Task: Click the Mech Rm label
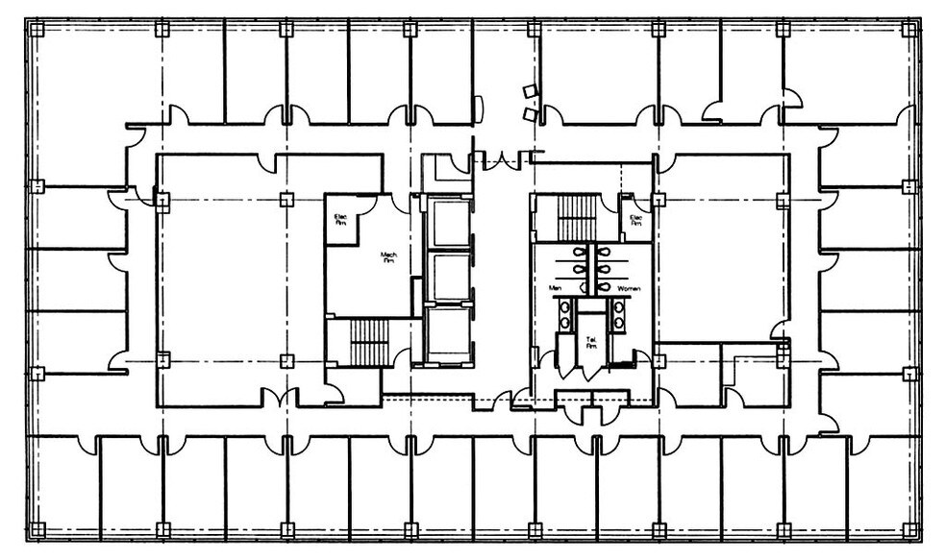point(390,256)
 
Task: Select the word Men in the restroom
point(555,287)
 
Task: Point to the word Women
point(629,287)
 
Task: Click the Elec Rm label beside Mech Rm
point(340,218)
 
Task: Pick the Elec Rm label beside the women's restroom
point(635,219)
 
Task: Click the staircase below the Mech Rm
point(366,341)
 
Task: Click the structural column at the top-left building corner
point(37,30)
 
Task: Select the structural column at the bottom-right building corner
point(908,529)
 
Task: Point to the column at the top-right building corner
point(908,30)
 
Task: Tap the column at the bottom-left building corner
point(37,529)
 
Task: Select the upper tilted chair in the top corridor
point(529,92)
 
